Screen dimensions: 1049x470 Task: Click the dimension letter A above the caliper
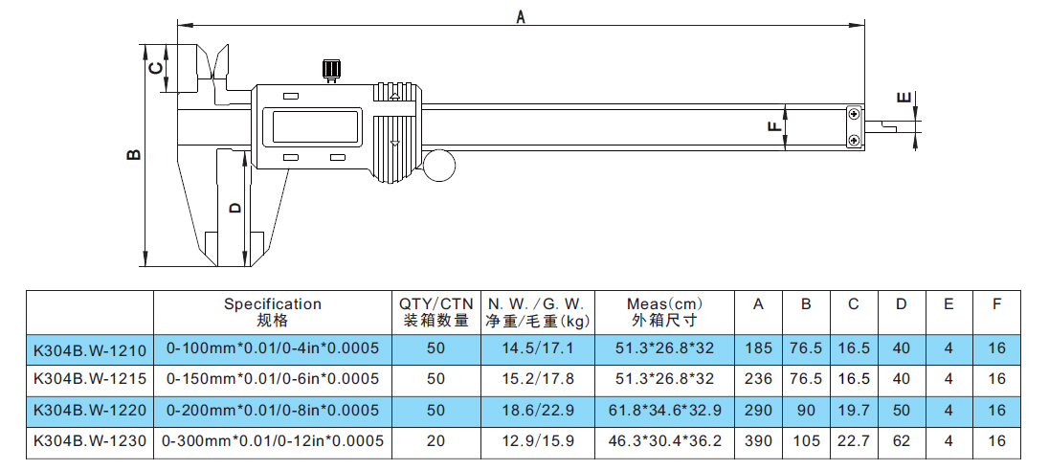(521, 16)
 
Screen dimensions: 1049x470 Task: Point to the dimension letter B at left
(134, 155)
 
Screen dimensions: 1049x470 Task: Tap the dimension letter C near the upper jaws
(154, 68)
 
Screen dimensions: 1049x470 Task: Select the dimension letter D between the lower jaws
(234, 208)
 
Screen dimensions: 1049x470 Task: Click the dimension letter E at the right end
(904, 98)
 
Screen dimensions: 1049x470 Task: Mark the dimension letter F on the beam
(774, 125)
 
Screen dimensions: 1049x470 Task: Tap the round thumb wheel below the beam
(438, 165)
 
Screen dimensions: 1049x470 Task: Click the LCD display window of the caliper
(315, 125)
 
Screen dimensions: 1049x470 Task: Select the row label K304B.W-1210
(90, 348)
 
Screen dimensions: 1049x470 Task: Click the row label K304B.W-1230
(90, 441)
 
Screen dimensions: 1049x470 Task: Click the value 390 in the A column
(758, 441)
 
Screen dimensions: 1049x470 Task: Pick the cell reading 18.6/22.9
(539, 410)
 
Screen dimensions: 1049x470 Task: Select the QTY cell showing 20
(435, 441)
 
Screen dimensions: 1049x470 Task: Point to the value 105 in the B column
(806, 441)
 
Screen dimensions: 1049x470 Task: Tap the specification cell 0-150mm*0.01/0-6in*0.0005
(273, 379)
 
